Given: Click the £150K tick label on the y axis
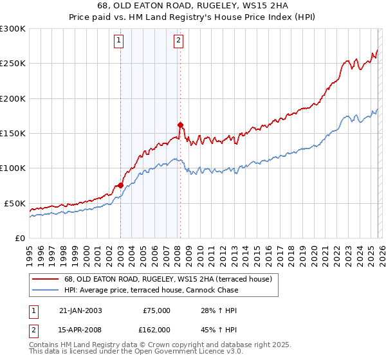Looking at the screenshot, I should pyautogui.click(x=12, y=134).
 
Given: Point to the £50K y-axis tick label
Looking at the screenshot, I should pyautogui.click(x=14, y=203).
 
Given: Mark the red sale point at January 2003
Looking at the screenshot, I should pyautogui.click(x=120, y=186).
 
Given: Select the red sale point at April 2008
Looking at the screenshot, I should pyautogui.click(x=180, y=125).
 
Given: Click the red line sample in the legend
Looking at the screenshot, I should pyautogui.click(x=46, y=280).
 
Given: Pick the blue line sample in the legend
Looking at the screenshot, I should pyautogui.click(x=46, y=290).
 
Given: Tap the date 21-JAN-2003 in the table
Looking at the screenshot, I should pyautogui.click(x=80, y=310).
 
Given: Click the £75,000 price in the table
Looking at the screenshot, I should pyautogui.click(x=155, y=310).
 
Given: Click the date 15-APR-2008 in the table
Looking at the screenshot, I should pyautogui.click(x=80, y=330).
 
